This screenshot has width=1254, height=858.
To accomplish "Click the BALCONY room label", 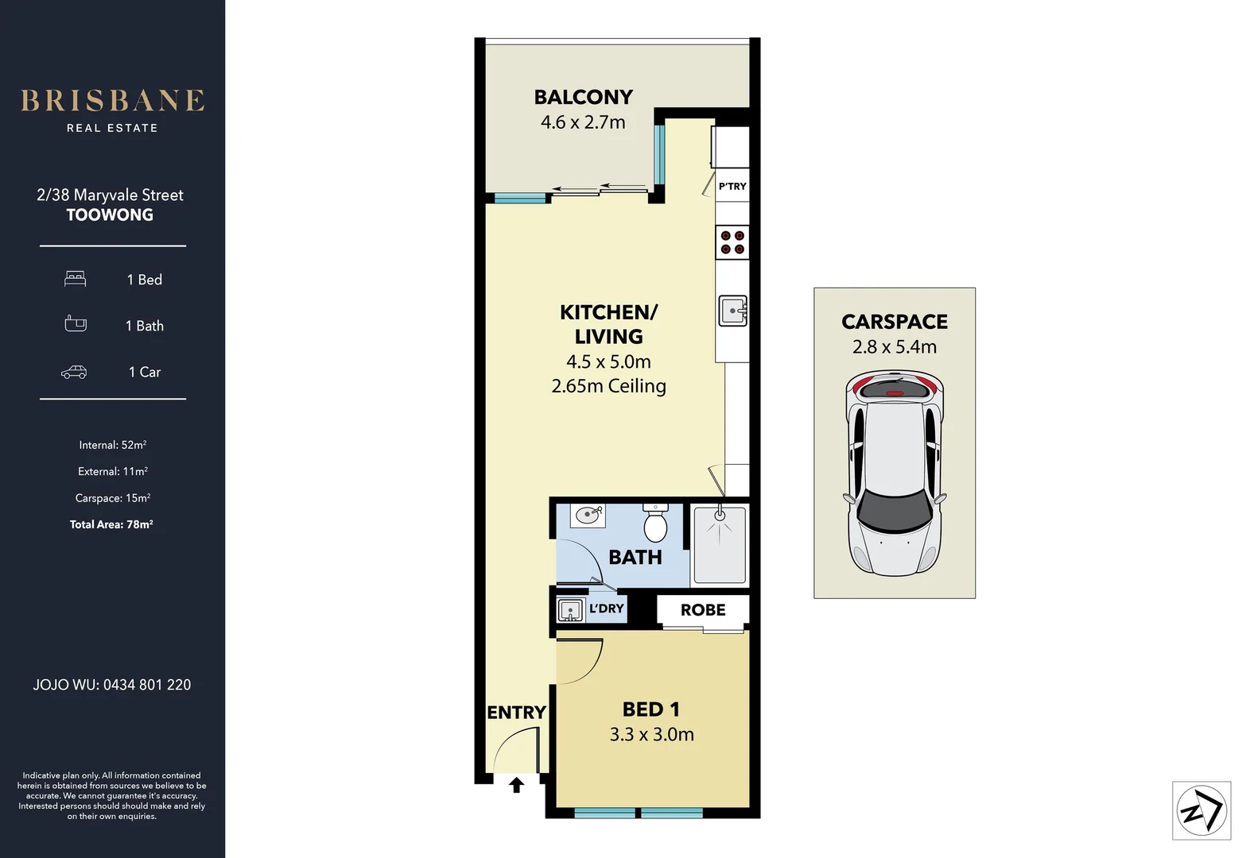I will point(583,97).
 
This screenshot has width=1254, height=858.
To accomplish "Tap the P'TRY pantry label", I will point(732,187).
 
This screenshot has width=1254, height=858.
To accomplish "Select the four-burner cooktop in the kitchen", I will point(732,242).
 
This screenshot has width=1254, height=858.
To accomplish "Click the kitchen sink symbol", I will point(732,311).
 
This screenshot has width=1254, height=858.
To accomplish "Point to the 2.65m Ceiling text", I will point(608,386).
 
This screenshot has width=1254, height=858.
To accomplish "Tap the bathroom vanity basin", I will point(588,515).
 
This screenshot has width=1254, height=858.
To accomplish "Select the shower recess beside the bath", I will point(720,546).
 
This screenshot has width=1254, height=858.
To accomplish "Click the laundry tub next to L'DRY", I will point(570,610).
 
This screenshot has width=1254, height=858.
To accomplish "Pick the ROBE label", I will point(703,610).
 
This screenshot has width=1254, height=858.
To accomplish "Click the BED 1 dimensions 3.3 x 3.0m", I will point(651,735).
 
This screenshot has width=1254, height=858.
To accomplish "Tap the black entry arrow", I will point(517,785).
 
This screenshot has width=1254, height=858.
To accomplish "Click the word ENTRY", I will point(516,713).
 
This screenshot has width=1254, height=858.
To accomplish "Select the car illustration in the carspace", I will point(895,474).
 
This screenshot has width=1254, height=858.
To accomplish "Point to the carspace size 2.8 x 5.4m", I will point(895,347).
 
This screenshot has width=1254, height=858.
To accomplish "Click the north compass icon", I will point(1202,811).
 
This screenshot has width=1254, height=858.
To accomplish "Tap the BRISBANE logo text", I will point(112,101).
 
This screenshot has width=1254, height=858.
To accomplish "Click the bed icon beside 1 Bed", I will point(76,279).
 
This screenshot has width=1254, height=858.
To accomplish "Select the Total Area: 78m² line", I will point(111,524).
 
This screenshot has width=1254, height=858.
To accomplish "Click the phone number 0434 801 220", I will point(147,685).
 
